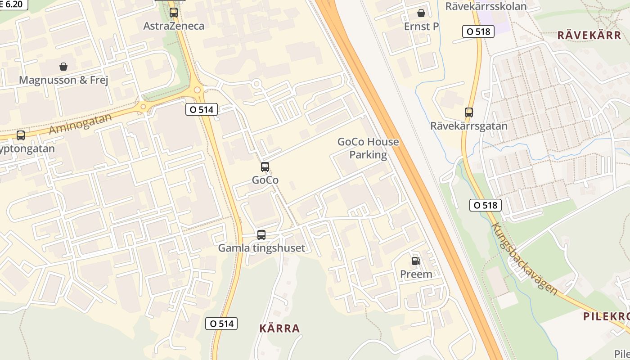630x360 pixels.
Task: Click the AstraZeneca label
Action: [174, 26]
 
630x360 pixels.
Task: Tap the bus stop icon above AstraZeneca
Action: [174, 13]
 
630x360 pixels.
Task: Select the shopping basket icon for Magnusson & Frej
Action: [63, 67]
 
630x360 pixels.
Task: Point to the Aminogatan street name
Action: [80, 124]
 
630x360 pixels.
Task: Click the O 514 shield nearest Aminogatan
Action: [202, 109]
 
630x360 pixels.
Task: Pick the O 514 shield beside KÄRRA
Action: [221, 323]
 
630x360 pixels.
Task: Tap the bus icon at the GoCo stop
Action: [265, 167]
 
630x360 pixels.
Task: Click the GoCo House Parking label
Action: [368, 148]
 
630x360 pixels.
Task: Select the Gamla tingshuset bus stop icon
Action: [261, 234]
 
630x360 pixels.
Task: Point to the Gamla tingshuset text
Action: [261, 248]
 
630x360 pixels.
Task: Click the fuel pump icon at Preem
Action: [416, 261]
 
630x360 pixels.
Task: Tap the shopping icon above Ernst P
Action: [421, 13]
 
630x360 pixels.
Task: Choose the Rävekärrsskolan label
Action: [486, 6]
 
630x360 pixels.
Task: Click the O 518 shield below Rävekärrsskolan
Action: [479, 31]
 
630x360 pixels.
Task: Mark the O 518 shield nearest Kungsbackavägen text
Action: [485, 205]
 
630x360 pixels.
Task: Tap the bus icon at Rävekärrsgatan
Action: [469, 112]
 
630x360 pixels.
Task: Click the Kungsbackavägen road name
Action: [524, 259]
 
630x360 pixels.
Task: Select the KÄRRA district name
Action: [279, 328]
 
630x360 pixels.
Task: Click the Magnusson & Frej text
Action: [63, 80]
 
